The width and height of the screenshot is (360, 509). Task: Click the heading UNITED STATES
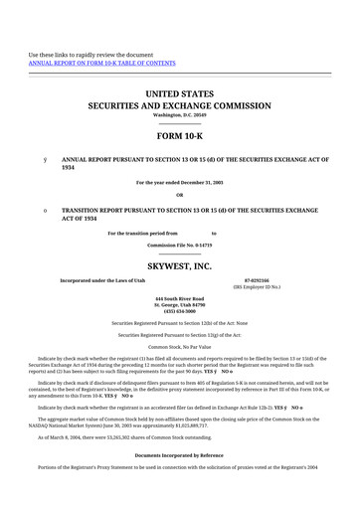pyautogui.click(x=179, y=92)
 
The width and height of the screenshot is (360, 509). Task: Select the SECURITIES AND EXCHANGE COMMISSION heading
pyautogui.click(x=179, y=104)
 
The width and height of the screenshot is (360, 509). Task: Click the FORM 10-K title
pyautogui.click(x=179, y=136)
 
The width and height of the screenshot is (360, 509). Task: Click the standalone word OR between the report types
pyautogui.click(x=179, y=195)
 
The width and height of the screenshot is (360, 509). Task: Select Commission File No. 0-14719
pyautogui.click(x=179, y=244)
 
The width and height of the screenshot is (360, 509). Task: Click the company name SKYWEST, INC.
pyautogui.click(x=179, y=266)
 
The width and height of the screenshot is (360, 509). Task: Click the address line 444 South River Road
pyautogui.click(x=179, y=297)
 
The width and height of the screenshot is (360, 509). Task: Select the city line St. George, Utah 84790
pyautogui.click(x=179, y=303)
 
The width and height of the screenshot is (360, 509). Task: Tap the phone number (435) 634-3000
pyautogui.click(x=179, y=310)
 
